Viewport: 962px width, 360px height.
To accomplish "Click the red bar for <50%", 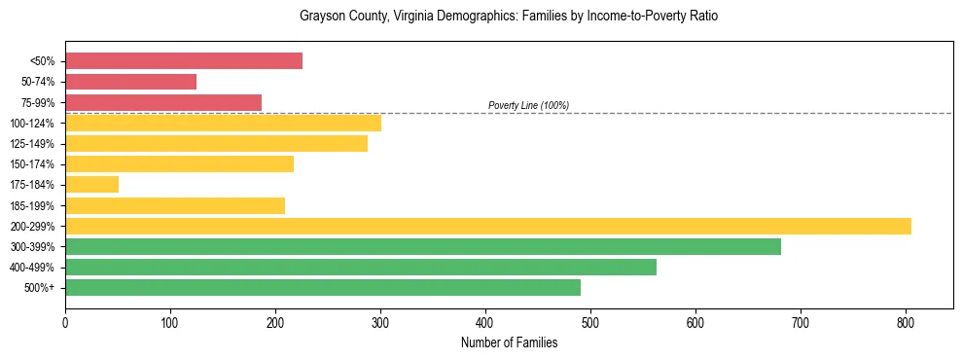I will [184, 61].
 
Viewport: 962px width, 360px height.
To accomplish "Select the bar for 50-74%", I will [130, 82].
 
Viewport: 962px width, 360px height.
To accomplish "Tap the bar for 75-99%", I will [163, 102].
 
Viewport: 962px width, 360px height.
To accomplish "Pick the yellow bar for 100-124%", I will [223, 123].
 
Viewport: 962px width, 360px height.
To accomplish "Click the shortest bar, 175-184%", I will [91, 185].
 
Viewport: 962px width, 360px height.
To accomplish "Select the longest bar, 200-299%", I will [488, 226].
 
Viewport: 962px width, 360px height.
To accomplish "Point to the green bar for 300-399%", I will [423, 246].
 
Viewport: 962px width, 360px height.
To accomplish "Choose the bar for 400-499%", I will [361, 267].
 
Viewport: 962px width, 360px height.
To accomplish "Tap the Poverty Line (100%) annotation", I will [528, 105].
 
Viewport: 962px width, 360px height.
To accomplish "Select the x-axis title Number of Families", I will [509, 342].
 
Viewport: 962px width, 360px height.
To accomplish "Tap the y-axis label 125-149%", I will [32, 144].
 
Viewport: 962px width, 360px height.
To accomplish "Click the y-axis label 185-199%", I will [32, 205].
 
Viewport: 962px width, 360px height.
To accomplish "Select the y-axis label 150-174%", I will [32, 164].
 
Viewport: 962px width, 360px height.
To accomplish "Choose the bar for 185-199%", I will [175, 205].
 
